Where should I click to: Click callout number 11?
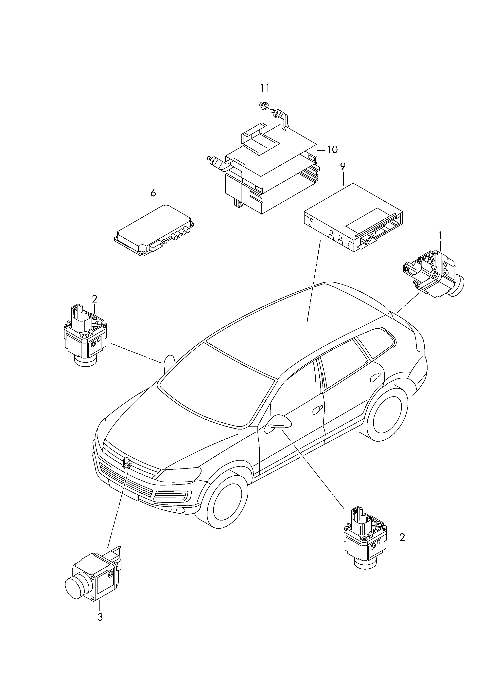point(265,88)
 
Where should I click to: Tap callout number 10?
point(332,150)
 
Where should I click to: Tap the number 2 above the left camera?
point(95,299)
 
